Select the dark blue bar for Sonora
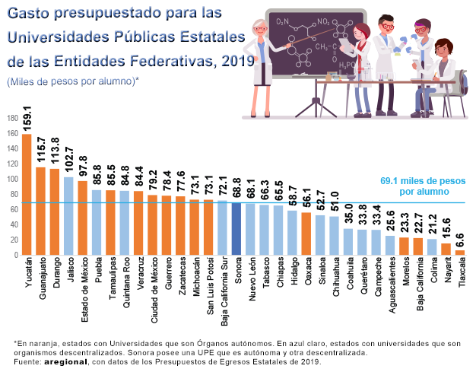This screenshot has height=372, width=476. pos(236,229)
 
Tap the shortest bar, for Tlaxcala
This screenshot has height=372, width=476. pos(459,253)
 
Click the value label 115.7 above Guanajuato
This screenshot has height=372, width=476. pos(40,150)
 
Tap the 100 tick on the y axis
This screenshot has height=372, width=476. pos(11,180)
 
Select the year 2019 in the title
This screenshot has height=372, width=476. pos(235,59)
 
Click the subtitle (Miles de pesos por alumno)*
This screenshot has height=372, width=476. pos(72,81)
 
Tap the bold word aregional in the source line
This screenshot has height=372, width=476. pos(65,361)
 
